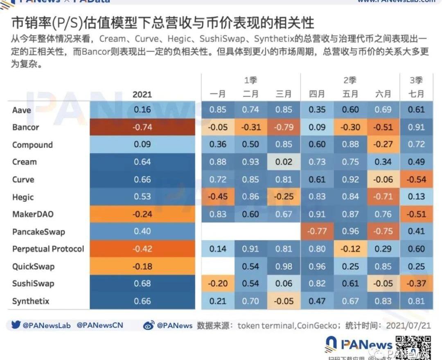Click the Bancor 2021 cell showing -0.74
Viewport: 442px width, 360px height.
click(142, 127)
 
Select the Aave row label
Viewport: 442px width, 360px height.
click(22, 110)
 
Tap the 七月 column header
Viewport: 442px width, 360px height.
click(416, 94)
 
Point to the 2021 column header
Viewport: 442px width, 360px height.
click(142, 94)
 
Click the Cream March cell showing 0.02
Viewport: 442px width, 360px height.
click(284, 162)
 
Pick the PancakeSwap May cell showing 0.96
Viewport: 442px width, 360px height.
click(350, 232)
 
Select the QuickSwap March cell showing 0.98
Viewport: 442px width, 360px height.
click(284, 266)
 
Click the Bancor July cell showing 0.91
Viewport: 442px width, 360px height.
click(416, 127)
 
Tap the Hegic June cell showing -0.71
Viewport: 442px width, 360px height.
click(383, 197)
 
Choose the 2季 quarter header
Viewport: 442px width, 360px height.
click(350, 80)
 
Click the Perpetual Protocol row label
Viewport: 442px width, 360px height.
click(48, 249)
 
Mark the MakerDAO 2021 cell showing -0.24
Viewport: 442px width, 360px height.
click(142, 214)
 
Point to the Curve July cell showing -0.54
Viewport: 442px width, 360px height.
click(416, 180)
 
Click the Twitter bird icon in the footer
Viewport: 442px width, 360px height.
click(16, 325)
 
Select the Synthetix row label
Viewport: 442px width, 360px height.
click(31, 301)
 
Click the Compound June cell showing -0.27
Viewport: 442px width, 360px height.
click(383, 145)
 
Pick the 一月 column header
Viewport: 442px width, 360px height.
click(218, 94)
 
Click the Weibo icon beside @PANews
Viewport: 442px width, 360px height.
click(149, 326)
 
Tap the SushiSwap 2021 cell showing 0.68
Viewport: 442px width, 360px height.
click(142, 283)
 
